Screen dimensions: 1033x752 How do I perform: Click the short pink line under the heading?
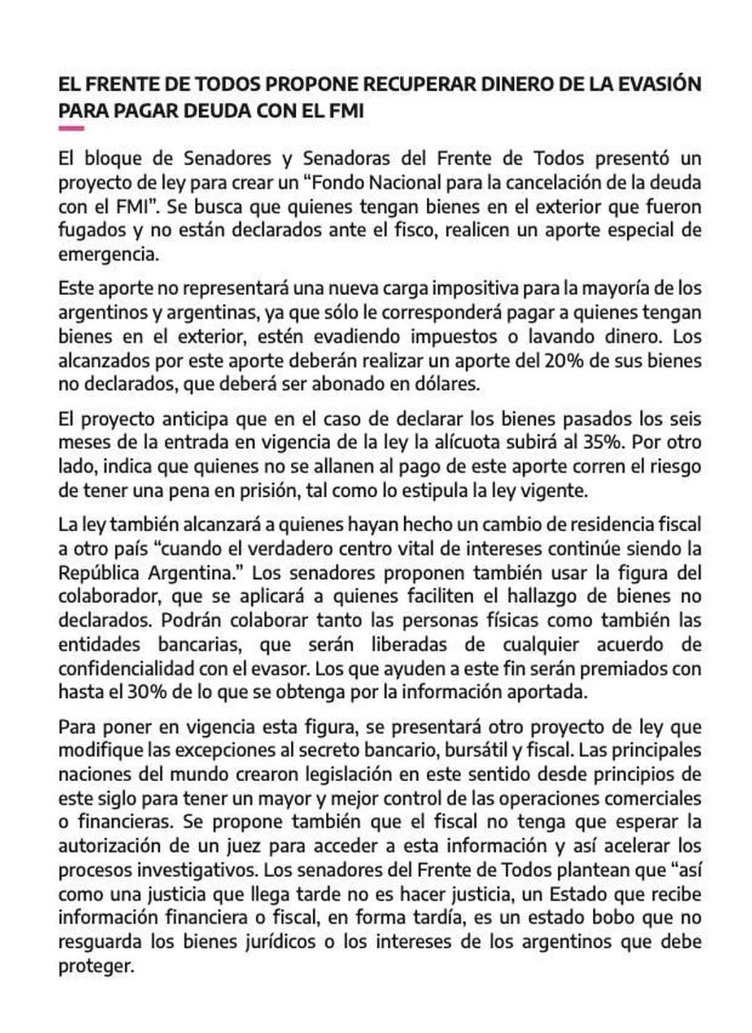71,128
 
